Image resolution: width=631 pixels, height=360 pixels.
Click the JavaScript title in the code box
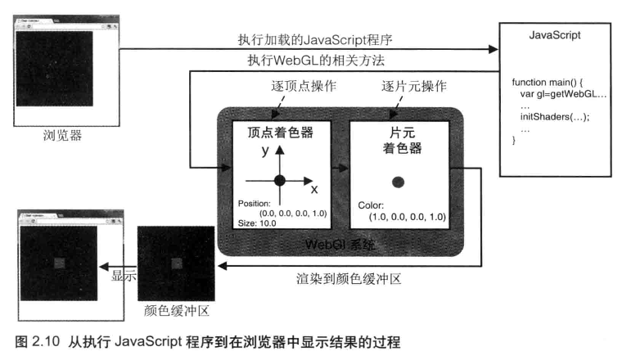tap(557, 36)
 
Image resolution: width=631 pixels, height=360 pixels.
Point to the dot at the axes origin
tap(280, 180)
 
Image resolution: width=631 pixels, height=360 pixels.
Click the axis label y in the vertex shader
tap(265, 151)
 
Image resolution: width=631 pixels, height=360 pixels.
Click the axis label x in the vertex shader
tap(314, 189)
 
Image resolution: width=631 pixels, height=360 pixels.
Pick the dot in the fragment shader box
tap(398, 181)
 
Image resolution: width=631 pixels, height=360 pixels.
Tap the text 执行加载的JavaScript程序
tap(328, 40)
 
